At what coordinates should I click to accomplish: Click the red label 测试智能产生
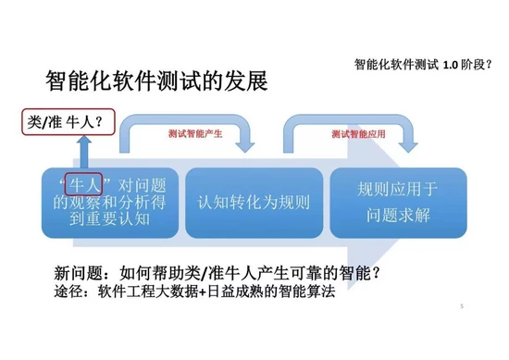pyautogui.click(x=192, y=133)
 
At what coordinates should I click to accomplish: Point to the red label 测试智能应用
pyautogui.click(x=357, y=133)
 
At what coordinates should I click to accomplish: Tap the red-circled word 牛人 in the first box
pyautogui.click(x=81, y=181)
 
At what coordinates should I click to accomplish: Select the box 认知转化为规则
pyautogui.click(x=254, y=202)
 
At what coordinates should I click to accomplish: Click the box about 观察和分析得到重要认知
pyautogui.click(x=108, y=201)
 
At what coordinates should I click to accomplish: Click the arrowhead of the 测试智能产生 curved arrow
pyautogui.click(x=245, y=146)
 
